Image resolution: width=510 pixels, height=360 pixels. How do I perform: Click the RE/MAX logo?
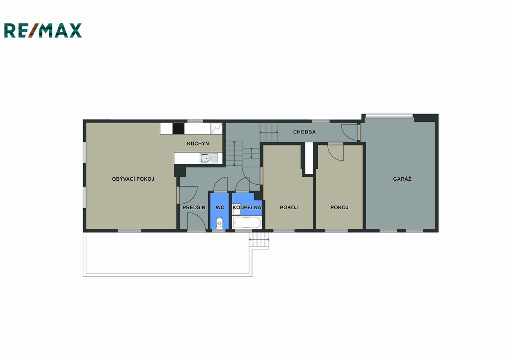point(43,30)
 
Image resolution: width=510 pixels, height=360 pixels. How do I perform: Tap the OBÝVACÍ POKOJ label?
point(133,179)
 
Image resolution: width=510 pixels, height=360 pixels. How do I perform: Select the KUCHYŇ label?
point(198,143)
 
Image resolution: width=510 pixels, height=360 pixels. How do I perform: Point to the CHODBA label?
point(304,132)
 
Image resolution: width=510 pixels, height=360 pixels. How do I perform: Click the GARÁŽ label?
point(402,179)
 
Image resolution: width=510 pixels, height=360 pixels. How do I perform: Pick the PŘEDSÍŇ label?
point(194,207)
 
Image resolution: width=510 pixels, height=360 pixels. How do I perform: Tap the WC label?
point(220,208)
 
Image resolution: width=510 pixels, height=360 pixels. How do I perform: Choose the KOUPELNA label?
point(247,208)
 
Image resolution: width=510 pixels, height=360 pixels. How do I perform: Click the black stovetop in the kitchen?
point(178,128)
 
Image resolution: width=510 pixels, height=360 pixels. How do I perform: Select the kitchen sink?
point(209,158)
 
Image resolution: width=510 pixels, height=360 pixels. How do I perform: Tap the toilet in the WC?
point(220,223)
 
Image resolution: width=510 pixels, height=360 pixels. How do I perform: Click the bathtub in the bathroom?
point(247,223)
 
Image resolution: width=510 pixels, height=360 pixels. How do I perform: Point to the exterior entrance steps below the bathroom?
point(259,240)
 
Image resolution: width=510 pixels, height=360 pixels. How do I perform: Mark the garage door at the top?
point(389,116)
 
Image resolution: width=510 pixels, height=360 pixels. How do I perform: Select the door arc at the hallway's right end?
point(350,132)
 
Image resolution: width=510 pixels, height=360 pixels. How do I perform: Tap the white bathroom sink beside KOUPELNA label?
point(237,210)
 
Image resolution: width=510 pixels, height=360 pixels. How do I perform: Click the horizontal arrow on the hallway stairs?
point(269,132)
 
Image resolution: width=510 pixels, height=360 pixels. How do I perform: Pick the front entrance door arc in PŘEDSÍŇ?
point(196,221)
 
